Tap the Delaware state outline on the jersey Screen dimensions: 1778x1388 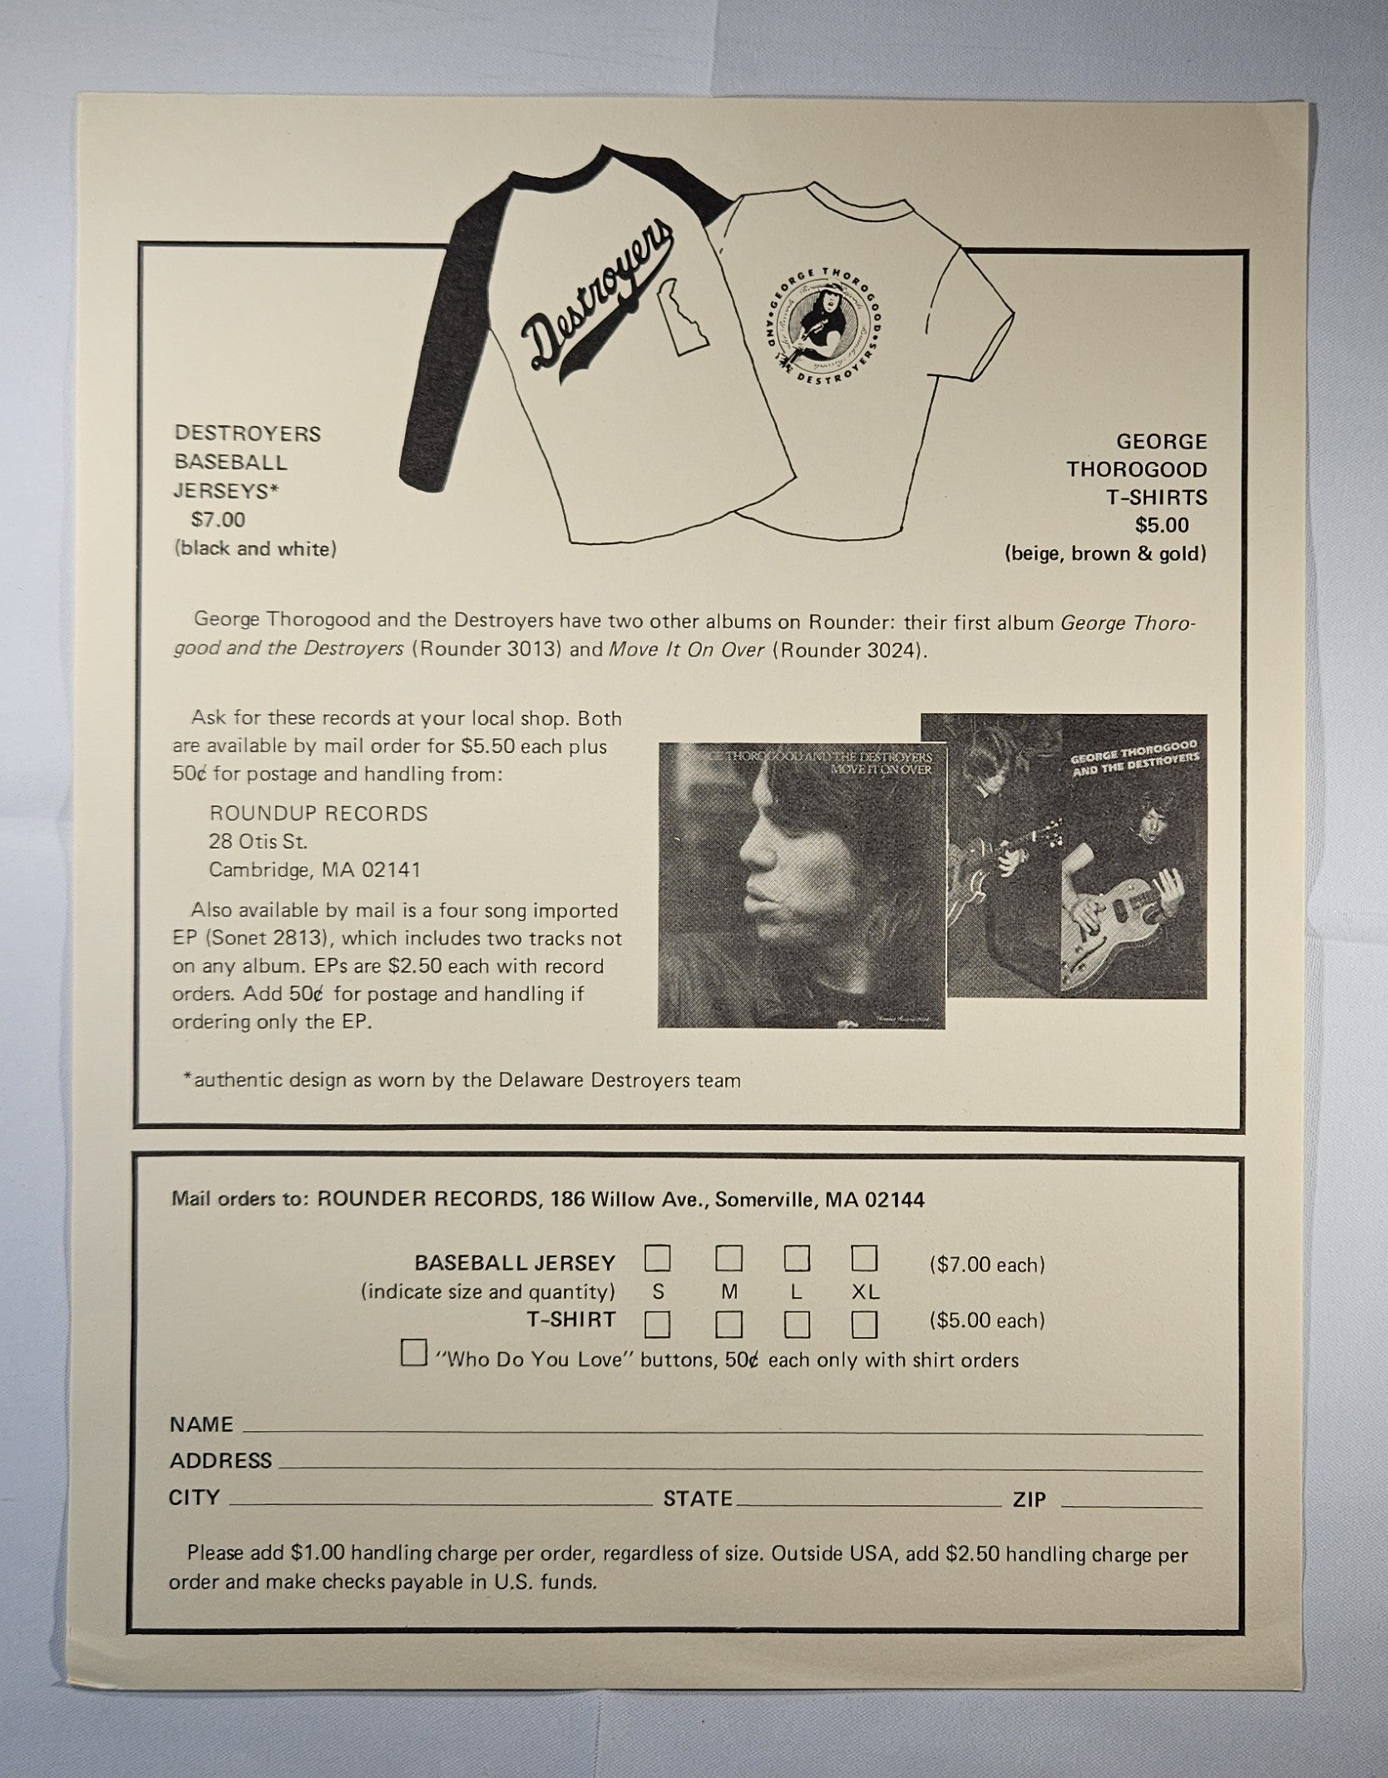pos(684,320)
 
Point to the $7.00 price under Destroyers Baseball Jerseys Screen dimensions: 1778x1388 pos(218,520)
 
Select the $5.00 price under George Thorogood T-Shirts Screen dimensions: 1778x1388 pos(1162,525)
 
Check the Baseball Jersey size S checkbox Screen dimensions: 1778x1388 pos(657,1259)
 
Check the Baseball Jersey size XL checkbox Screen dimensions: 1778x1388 pos(864,1259)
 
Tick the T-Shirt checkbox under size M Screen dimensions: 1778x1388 pos(729,1324)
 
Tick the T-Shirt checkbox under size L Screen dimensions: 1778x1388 pos(796,1324)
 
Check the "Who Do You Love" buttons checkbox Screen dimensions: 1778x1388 pos(413,1353)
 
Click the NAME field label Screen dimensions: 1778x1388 pos(201,1424)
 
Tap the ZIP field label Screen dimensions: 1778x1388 pos(1029,1500)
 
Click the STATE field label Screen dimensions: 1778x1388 pos(697,1499)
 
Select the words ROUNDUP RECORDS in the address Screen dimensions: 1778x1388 pos(319,814)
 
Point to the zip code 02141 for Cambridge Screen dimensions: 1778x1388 pos(392,870)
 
